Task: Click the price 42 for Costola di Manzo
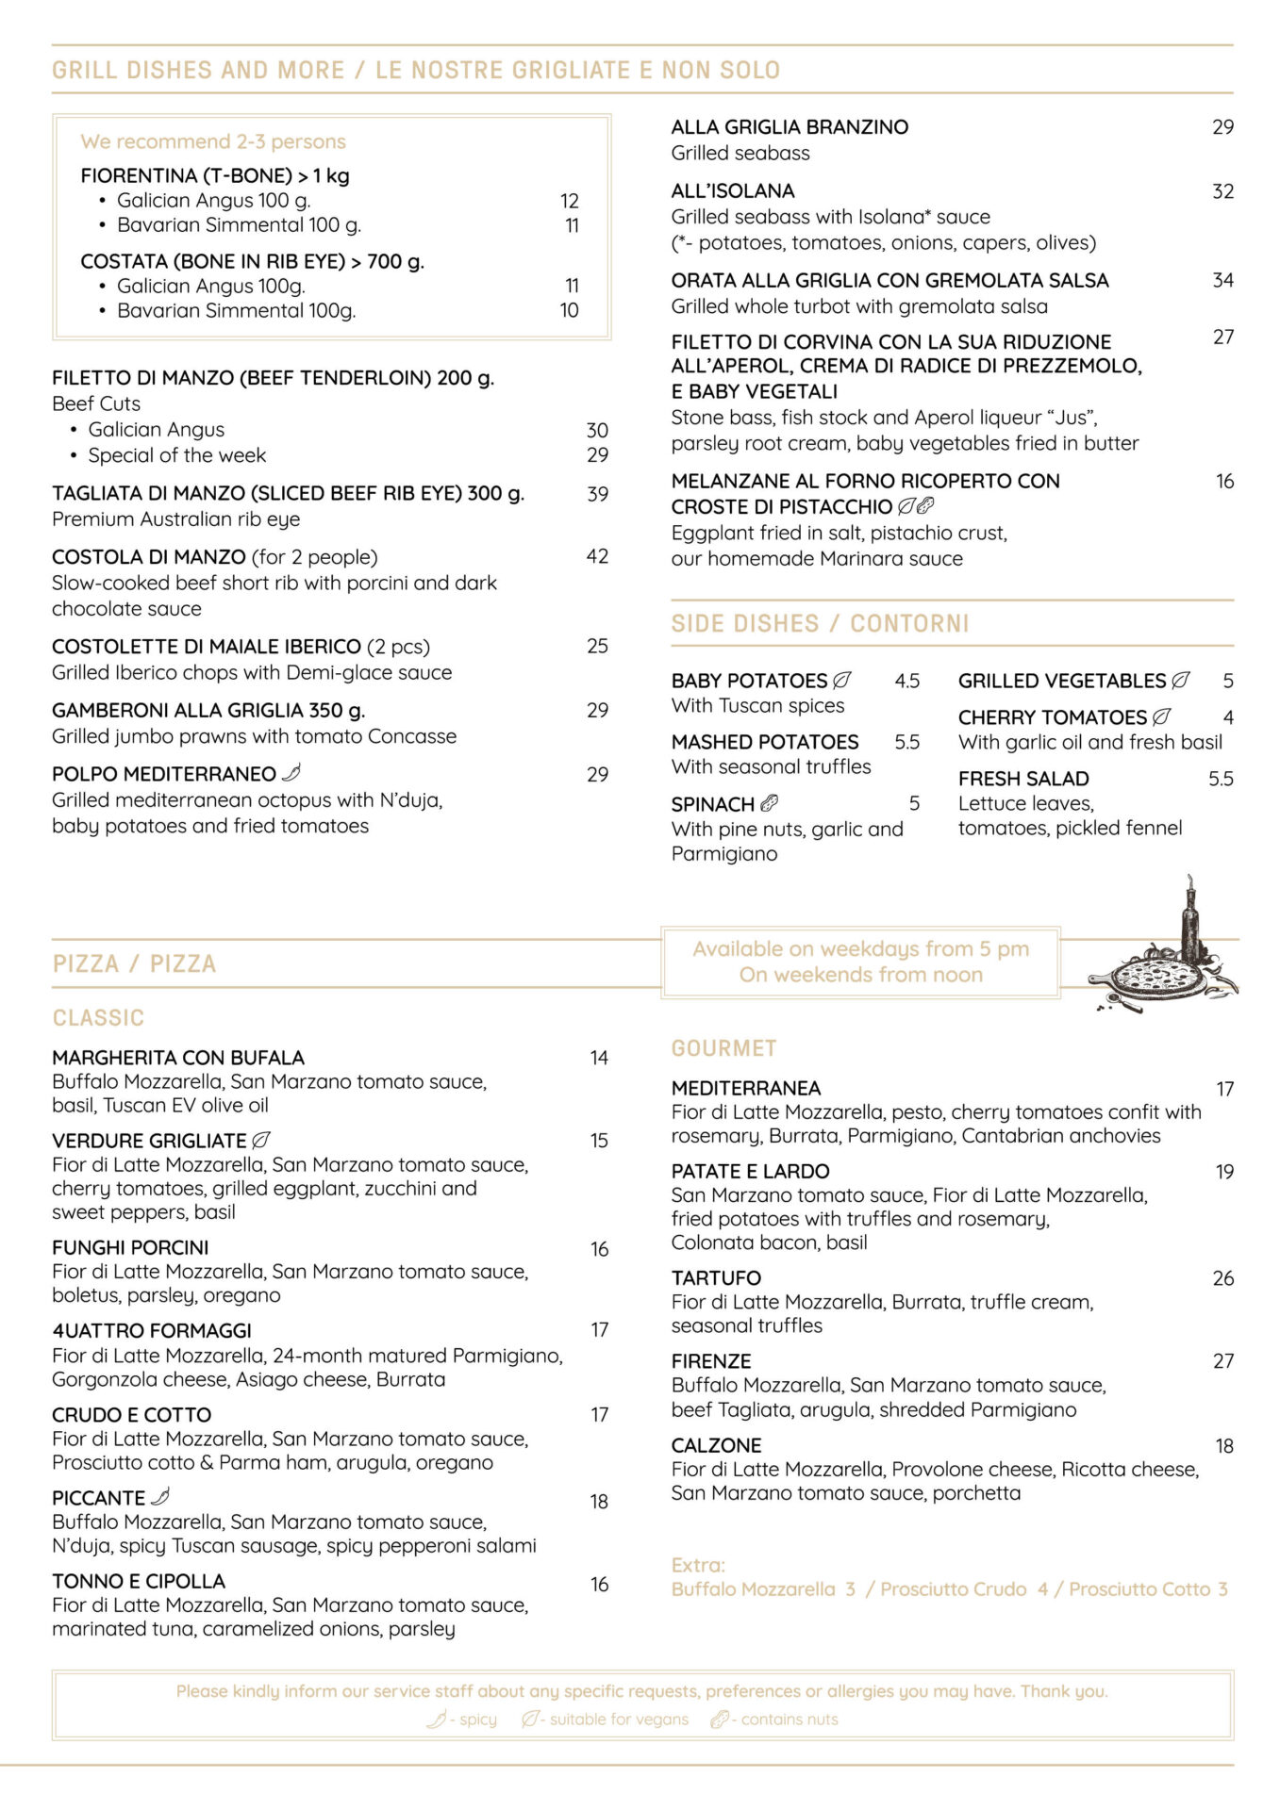coord(597,556)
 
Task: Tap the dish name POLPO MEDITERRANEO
coord(164,774)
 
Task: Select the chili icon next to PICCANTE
coord(161,1497)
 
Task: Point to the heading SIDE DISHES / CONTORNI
coord(820,624)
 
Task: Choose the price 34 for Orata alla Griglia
coord(1222,280)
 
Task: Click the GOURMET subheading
coord(723,1048)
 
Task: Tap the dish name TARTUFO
coord(716,1278)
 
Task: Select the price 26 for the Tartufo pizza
coord(1222,1278)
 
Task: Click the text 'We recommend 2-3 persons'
coord(213,141)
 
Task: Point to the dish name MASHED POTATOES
coord(765,742)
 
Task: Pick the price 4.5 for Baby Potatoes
coord(906,681)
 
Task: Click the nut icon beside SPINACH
coord(770,803)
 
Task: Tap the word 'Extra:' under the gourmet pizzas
coord(698,1565)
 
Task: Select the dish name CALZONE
coord(716,1445)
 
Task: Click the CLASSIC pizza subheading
coord(98,1018)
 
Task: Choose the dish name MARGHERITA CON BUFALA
coord(178,1058)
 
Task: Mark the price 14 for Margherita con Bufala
coord(599,1058)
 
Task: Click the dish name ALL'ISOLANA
coord(733,191)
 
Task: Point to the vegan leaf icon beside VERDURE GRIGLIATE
coord(261,1140)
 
